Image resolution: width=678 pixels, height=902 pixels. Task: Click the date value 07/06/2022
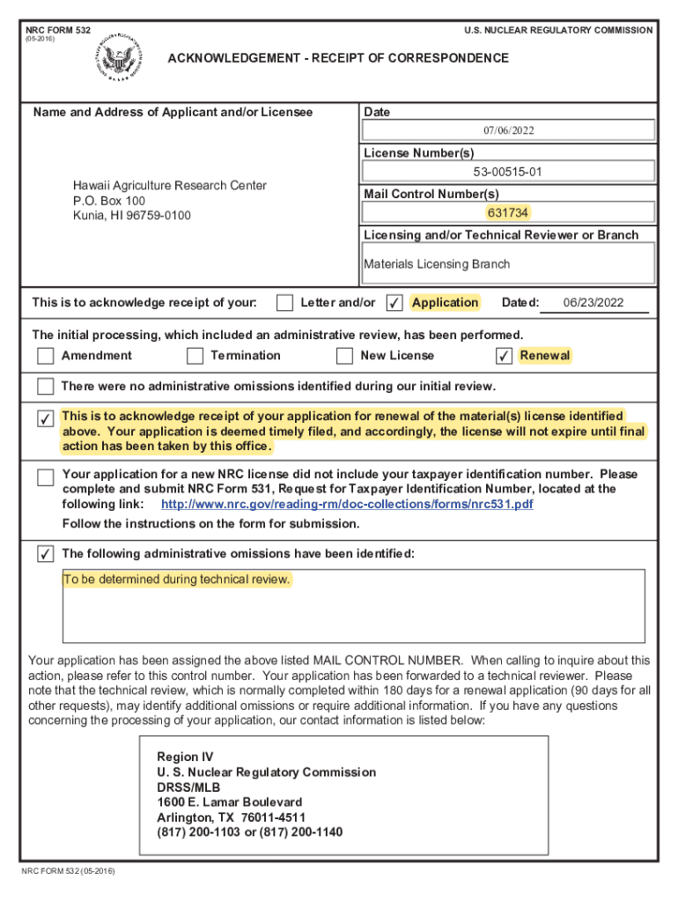(508, 130)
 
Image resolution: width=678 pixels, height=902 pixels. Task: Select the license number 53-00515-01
(508, 172)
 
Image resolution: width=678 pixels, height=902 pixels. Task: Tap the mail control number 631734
(508, 212)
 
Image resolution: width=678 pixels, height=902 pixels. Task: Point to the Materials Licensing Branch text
(437, 264)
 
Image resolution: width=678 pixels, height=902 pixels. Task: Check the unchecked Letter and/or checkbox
(284, 303)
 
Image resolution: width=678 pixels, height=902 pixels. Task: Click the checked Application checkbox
(395, 303)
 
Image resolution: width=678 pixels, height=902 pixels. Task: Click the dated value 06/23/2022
(593, 303)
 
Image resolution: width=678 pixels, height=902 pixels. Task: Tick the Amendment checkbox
(45, 356)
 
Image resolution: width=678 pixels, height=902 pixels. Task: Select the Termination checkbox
(195, 356)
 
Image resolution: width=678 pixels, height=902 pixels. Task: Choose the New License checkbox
(344, 356)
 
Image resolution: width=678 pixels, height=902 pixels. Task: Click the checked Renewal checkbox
(504, 356)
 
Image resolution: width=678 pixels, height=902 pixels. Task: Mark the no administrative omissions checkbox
(45, 387)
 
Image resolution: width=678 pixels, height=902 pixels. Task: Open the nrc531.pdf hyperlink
(347, 505)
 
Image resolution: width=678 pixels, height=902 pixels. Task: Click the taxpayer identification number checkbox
(45, 477)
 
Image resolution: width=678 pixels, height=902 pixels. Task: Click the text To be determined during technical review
(176, 580)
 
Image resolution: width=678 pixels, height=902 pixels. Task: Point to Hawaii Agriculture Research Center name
(170, 186)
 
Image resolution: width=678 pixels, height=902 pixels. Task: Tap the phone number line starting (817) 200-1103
(249, 832)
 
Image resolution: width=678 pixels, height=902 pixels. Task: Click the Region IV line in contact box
(185, 758)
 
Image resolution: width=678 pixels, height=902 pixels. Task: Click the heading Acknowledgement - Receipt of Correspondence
(338, 58)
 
